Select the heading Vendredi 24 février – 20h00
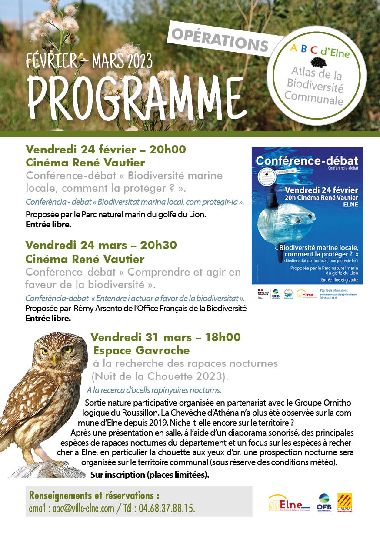[x=106, y=150]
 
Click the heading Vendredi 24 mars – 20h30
[x=101, y=245]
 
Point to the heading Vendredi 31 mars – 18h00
[x=165, y=337]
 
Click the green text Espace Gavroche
[x=142, y=350]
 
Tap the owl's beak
[x=55, y=359]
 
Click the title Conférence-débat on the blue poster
[x=307, y=160]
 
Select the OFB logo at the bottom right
[x=324, y=503]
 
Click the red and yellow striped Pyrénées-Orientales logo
[x=345, y=503]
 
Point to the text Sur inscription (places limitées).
[x=150, y=475]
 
